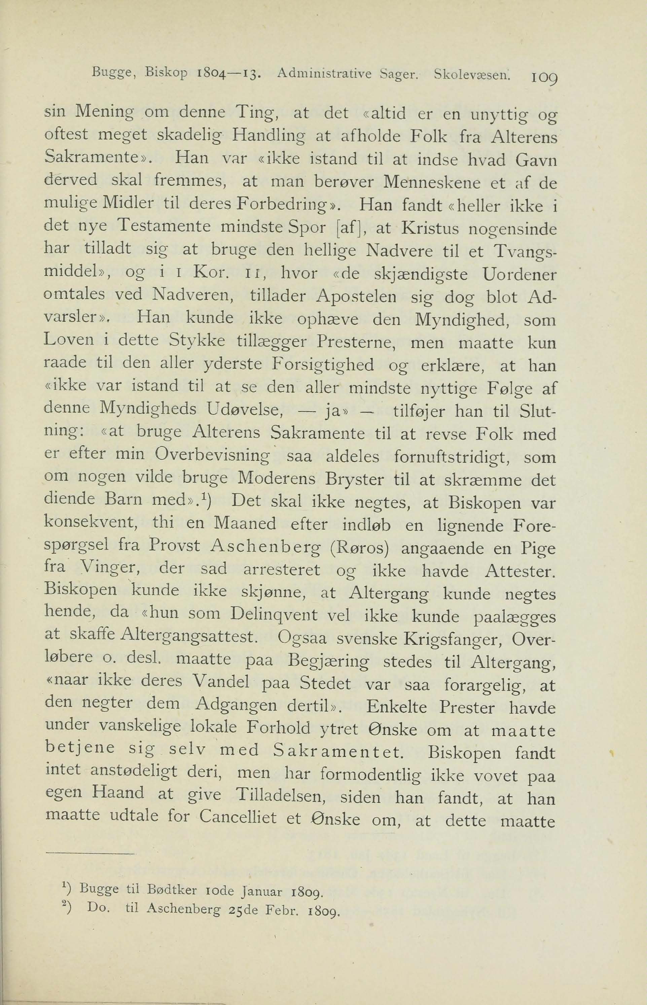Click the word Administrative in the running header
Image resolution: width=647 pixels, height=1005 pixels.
point(325,75)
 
